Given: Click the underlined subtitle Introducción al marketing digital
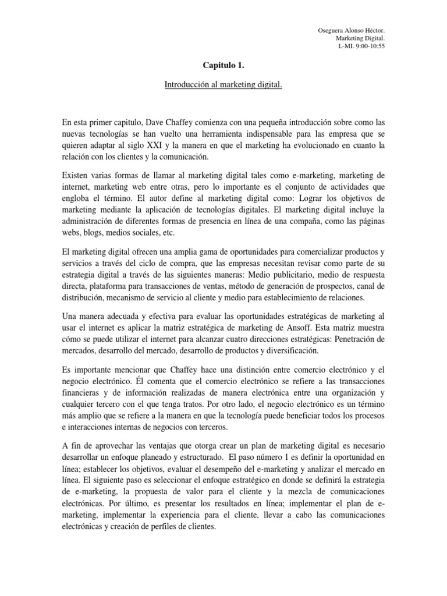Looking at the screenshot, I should [x=223, y=86].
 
